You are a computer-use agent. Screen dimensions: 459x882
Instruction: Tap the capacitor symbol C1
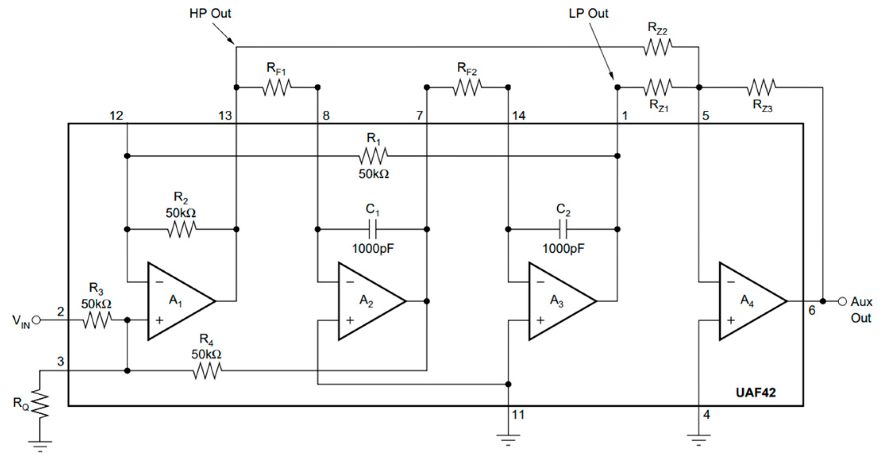[x=373, y=229]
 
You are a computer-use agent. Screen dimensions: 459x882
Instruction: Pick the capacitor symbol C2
[x=563, y=229]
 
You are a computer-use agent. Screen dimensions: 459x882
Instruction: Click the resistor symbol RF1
[x=277, y=87]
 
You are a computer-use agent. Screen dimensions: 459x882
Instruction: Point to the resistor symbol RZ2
[x=658, y=47]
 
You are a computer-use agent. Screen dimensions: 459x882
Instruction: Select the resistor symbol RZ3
[x=761, y=87]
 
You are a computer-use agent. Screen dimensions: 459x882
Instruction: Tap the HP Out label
[x=210, y=13]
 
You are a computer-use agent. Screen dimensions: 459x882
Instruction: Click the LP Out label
[x=588, y=13]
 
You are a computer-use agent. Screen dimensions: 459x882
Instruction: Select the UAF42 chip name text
[x=755, y=392]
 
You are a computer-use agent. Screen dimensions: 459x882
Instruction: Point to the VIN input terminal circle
[x=36, y=320]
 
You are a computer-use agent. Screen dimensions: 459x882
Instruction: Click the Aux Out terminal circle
[x=842, y=301]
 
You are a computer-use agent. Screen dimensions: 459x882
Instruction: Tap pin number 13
[x=225, y=116]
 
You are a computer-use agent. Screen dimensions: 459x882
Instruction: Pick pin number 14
[x=519, y=116]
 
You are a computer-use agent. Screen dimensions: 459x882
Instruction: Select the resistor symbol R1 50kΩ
[x=373, y=156]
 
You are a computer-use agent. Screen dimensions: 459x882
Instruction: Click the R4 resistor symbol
[x=207, y=371]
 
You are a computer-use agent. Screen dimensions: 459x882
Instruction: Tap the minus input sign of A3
[x=540, y=282]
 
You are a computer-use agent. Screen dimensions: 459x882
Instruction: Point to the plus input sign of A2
[x=350, y=320]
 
